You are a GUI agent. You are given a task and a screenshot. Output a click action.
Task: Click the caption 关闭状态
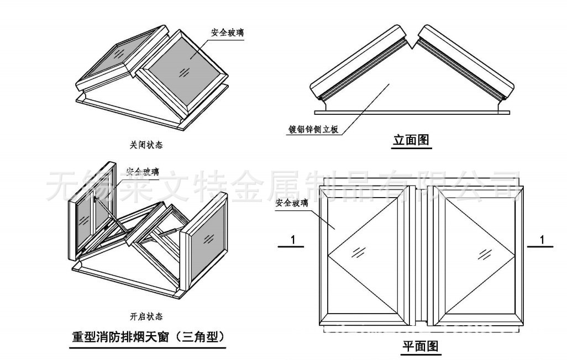click(146, 145)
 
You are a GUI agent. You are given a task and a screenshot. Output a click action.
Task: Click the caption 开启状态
click(146, 316)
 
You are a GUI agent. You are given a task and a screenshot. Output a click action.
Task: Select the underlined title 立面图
click(411, 140)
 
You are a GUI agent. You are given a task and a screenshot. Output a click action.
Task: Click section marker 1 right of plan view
click(542, 240)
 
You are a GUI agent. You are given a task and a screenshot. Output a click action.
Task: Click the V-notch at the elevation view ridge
click(411, 40)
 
